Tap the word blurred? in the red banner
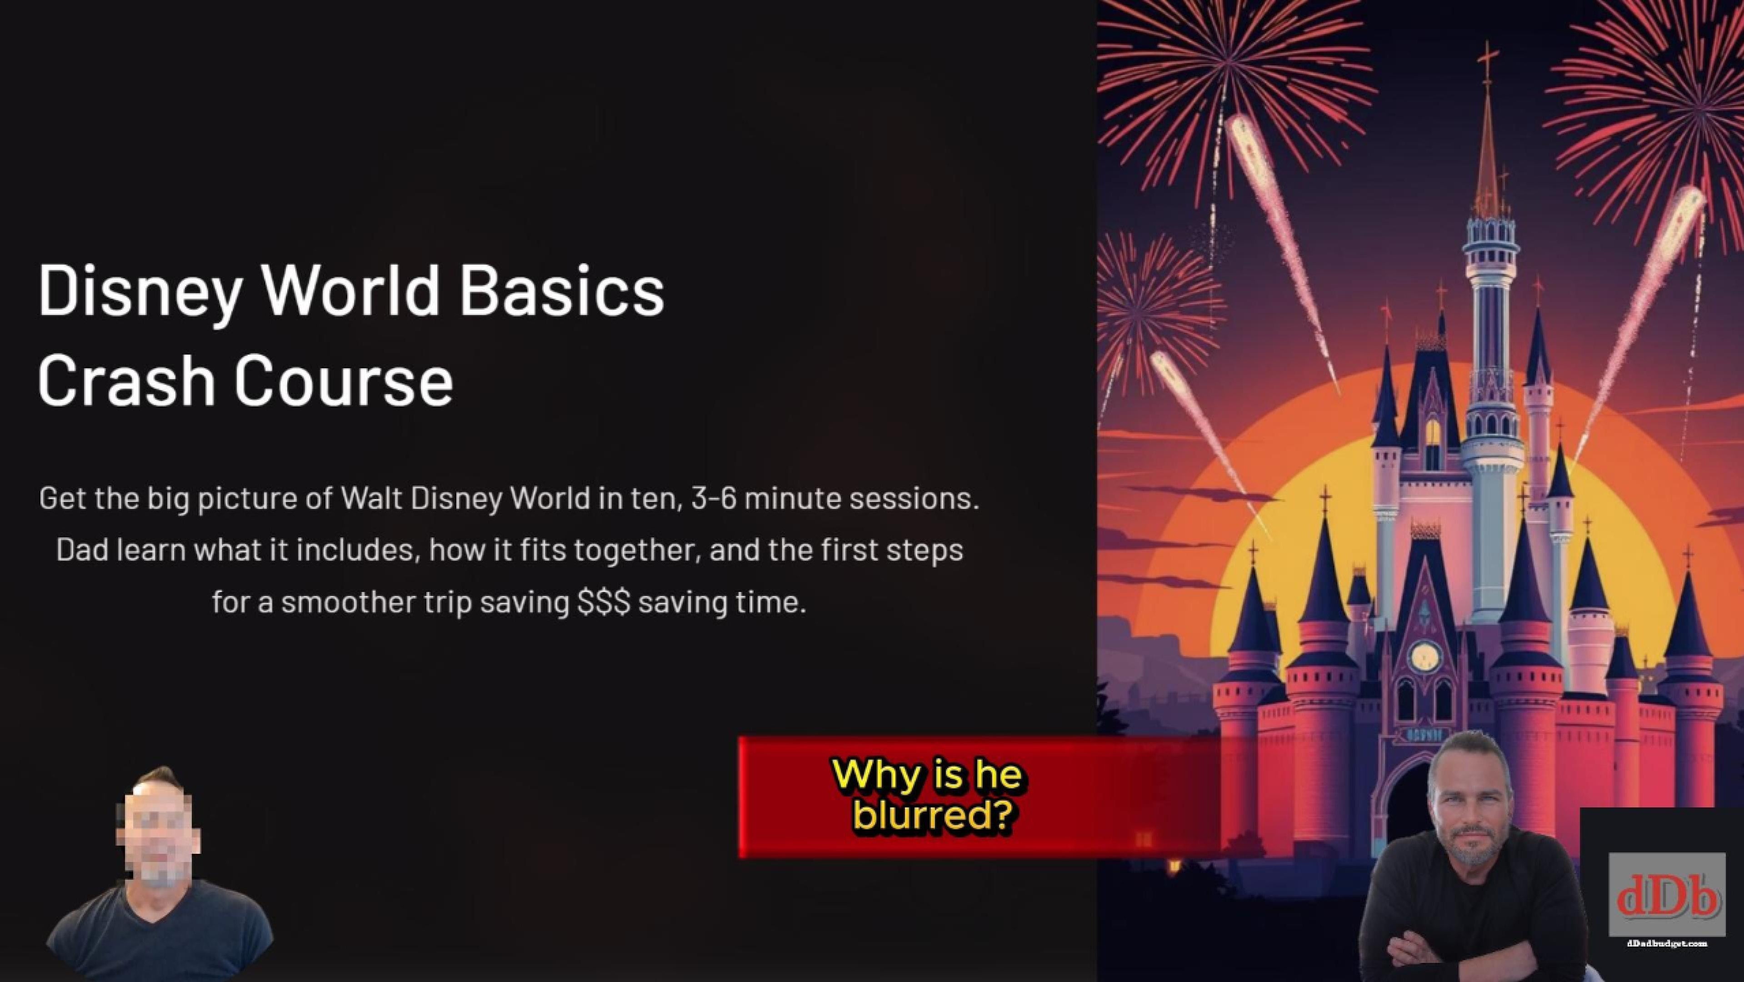coord(936,816)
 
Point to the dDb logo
coord(1667,895)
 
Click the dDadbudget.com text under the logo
coord(1666,943)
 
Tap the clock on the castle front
coord(1424,656)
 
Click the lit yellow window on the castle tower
coord(1433,433)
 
